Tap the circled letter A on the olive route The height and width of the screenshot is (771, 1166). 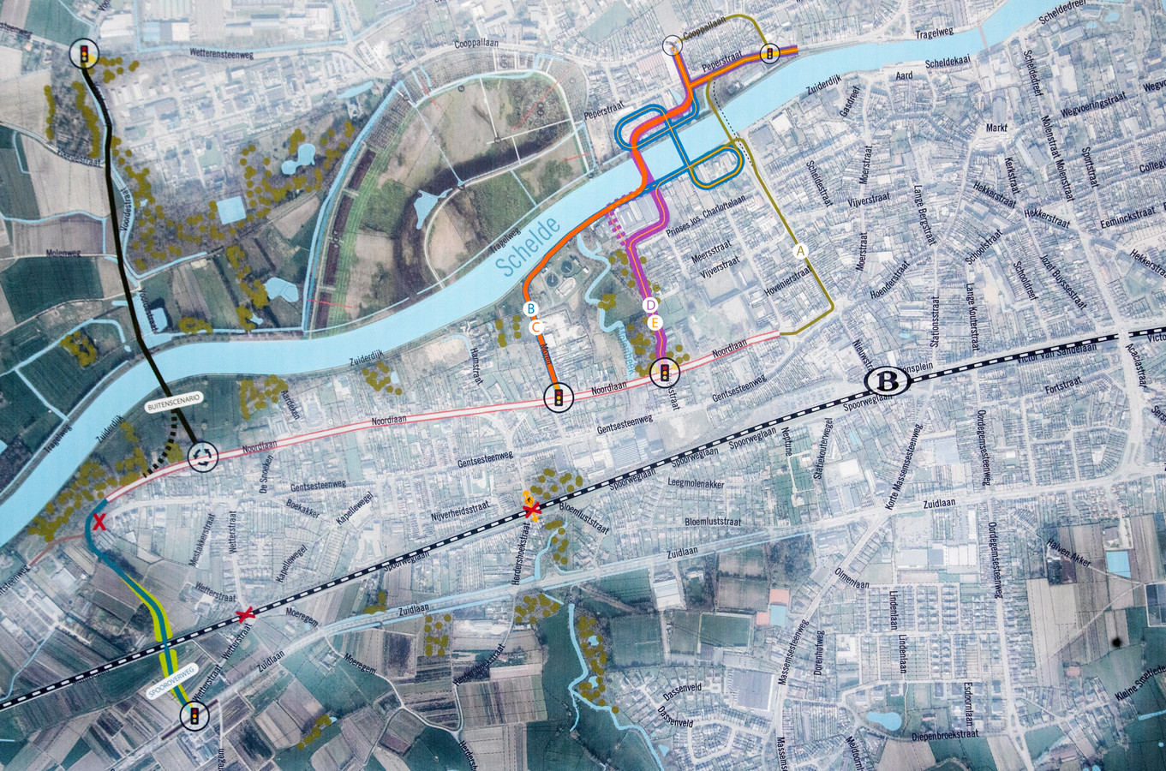(801, 251)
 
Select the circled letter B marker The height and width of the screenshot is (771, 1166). (529, 308)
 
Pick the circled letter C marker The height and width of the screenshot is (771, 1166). (535, 326)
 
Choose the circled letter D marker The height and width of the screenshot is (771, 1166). (649, 304)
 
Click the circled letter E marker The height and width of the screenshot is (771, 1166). (655, 323)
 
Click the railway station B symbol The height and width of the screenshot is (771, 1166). (882, 382)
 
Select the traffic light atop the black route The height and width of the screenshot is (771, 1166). (84, 54)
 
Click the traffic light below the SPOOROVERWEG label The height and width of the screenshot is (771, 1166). (195, 714)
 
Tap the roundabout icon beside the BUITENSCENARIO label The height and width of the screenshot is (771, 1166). (203, 456)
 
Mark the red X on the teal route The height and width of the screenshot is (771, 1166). (99, 522)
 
